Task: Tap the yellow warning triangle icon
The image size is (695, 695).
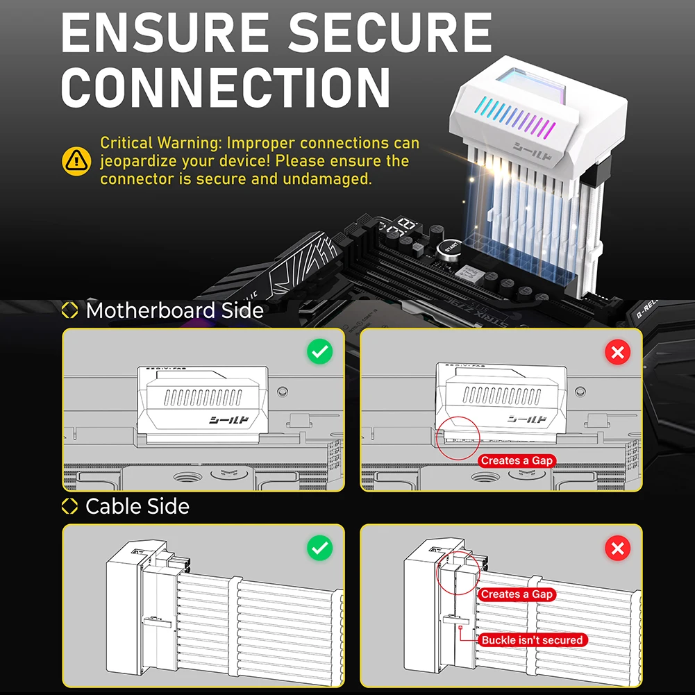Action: [76, 161]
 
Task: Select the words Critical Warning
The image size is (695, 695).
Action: [160, 143]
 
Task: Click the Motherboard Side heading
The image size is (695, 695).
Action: [174, 310]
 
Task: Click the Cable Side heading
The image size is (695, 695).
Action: [137, 506]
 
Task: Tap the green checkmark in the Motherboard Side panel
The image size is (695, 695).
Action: [319, 352]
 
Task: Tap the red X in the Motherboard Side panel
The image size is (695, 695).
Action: [617, 352]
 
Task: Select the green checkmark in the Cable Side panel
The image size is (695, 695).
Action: [319, 549]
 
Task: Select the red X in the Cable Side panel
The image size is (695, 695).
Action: [617, 549]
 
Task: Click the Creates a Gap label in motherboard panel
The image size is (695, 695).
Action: [517, 460]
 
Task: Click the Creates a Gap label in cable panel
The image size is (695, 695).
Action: [517, 594]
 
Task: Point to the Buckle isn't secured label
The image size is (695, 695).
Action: [533, 639]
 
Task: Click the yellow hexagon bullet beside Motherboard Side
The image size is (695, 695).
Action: [70, 310]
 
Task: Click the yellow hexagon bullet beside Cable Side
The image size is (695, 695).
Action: [70, 507]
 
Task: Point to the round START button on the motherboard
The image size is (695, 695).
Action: [451, 247]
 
